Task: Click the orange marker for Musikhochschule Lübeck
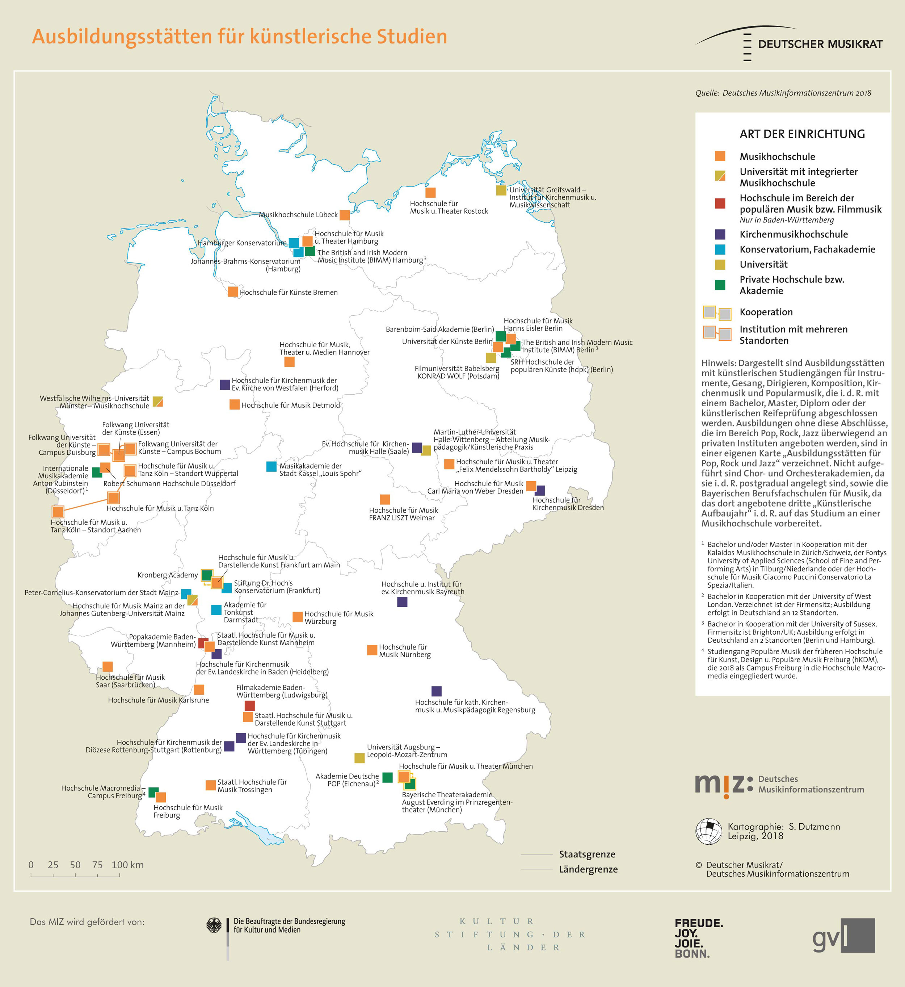point(345,215)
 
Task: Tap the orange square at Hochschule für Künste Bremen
point(233,292)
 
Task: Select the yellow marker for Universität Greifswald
point(501,190)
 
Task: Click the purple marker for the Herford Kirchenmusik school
point(225,385)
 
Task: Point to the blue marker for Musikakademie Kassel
point(271,466)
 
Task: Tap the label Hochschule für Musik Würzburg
point(338,618)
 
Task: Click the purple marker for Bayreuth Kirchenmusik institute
point(402,602)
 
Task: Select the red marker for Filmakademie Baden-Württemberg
point(249,706)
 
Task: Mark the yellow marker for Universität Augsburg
point(359,758)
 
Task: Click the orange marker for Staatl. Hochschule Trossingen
point(211,785)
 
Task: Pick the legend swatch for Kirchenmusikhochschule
point(720,234)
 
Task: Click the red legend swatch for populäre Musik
point(720,203)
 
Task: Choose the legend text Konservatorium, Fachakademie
point(807,249)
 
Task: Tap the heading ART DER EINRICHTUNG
point(802,134)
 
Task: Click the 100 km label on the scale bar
point(128,865)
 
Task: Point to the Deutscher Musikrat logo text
point(820,44)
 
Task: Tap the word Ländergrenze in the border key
point(588,869)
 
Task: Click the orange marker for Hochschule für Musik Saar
point(108,667)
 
